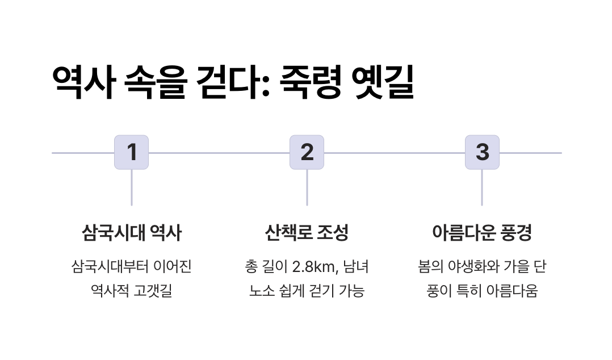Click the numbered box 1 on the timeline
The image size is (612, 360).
tap(132, 152)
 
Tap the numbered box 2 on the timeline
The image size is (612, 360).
tap(307, 152)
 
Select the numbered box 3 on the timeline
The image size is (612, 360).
tap(482, 152)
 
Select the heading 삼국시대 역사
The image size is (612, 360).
tap(132, 232)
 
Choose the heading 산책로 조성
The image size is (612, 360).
tap(307, 232)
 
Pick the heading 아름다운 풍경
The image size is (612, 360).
tap(482, 232)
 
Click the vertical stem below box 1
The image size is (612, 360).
tap(132, 187)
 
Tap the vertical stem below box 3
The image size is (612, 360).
tap(482, 187)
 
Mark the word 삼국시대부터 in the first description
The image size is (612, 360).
tap(106, 267)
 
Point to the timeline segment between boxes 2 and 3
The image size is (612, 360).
tap(395, 153)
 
